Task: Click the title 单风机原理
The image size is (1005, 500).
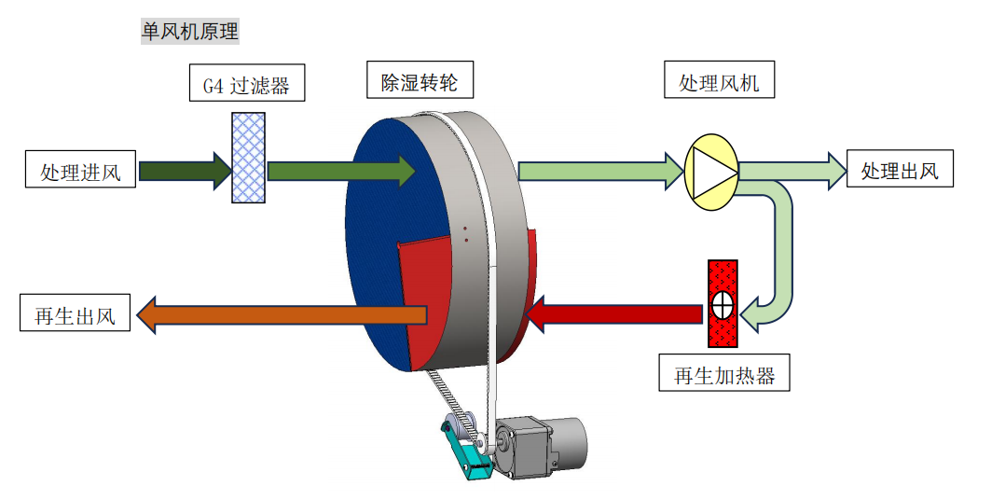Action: pos(189,32)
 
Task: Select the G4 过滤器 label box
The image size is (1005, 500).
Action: pos(246,87)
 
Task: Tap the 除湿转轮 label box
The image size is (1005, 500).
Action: pos(420,82)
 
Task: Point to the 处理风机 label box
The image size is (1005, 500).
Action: pos(719,82)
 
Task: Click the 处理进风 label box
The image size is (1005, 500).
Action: pos(81,172)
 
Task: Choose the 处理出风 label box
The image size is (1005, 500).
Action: pos(899,171)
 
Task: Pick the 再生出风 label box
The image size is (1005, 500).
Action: pos(75,314)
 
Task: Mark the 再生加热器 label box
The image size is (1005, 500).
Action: pos(724,376)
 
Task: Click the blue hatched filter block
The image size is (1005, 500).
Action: pos(248,158)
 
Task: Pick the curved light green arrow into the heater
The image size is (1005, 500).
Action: pos(780,252)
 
